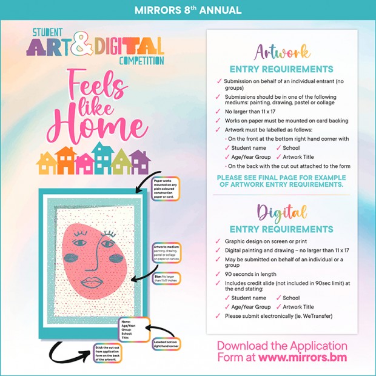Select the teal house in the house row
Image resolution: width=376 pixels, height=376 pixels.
[x=101, y=157]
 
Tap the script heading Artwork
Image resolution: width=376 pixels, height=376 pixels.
[x=283, y=51]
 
